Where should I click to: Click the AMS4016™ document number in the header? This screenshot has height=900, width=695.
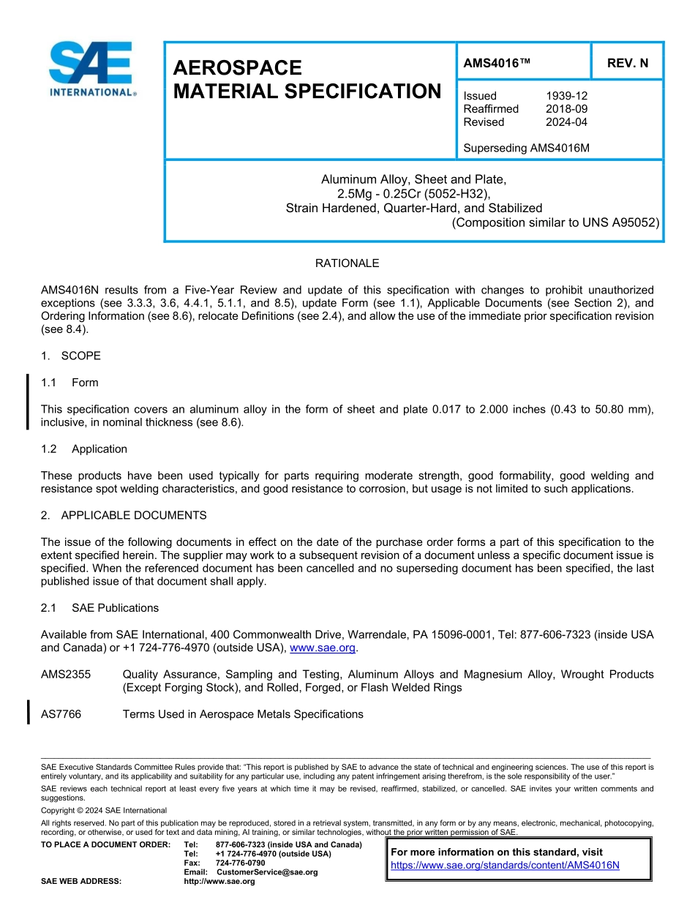tap(497, 64)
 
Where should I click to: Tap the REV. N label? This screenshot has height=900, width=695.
tap(627, 64)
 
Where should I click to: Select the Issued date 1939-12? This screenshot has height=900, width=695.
tap(566, 96)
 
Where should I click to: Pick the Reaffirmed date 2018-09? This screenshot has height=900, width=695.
tap(566, 109)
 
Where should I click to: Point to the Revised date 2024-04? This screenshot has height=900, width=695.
tap(566, 122)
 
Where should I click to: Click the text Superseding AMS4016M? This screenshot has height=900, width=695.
tap(526, 149)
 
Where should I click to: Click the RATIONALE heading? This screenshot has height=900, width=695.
tap(347, 263)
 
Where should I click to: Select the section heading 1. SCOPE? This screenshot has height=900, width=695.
tap(71, 356)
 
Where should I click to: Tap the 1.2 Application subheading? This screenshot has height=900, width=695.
tap(84, 449)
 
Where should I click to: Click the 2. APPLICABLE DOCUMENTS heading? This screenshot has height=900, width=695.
tap(124, 516)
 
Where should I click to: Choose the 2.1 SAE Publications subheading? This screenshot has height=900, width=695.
tap(99, 608)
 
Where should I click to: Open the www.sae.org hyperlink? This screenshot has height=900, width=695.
tap(323, 648)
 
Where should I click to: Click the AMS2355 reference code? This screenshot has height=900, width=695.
tap(66, 675)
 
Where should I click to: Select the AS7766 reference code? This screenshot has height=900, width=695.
tap(61, 714)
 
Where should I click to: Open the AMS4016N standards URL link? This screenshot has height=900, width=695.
tap(505, 865)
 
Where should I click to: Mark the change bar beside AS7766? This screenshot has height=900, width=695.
tap(29, 712)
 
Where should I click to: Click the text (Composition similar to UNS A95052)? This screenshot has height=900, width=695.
tap(556, 223)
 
